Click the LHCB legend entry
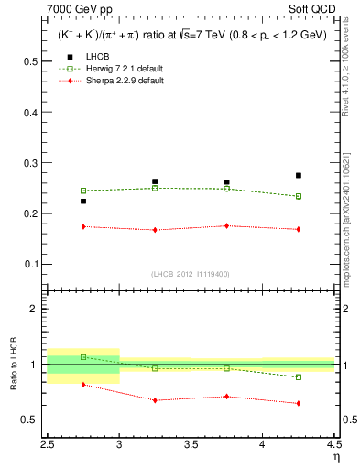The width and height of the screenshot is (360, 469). (99, 82)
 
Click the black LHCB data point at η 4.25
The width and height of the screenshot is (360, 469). (299, 175)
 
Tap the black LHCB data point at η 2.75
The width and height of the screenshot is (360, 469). (83, 202)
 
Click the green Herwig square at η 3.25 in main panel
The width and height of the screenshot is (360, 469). (155, 188)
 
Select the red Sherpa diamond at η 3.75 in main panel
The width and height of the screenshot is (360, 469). (227, 225)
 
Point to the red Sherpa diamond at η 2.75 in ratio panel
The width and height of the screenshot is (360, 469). (83, 385)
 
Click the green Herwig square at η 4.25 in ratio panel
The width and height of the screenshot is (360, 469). (299, 377)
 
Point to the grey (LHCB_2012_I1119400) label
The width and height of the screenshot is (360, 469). (191, 274)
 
